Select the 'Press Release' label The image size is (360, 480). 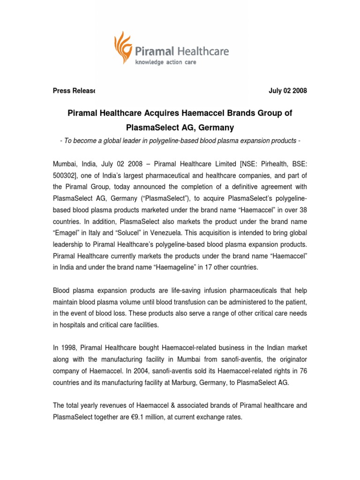coord(74,91)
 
